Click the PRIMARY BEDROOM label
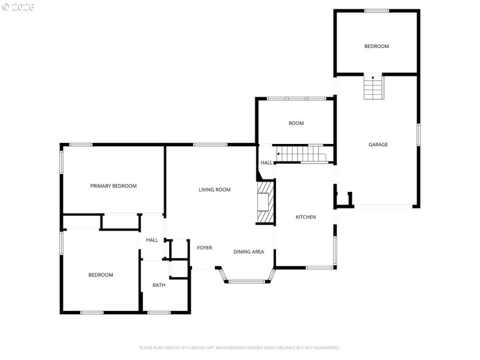point(113,186)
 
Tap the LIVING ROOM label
point(215,190)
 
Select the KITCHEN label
point(305,217)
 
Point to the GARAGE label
point(378,145)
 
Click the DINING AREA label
point(249,252)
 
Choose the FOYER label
point(205,248)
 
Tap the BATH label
point(158,285)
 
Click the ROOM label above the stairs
point(296,124)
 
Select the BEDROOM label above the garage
point(377,46)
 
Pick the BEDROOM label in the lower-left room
point(101,275)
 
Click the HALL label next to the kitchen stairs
point(266,163)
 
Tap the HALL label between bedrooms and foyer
point(152,240)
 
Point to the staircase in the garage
point(373,89)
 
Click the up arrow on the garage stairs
point(373,77)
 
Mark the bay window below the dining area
point(247,280)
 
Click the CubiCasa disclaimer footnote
point(240,347)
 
